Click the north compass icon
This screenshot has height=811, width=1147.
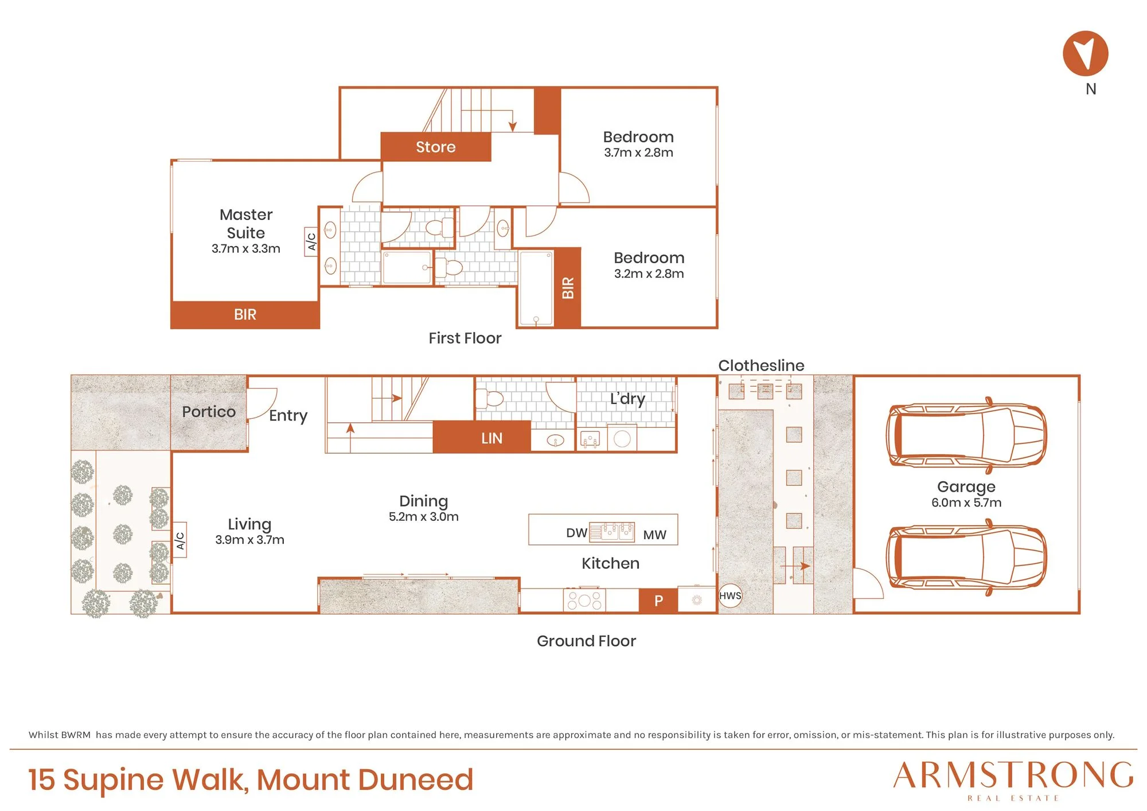pyautogui.click(x=1085, y=53)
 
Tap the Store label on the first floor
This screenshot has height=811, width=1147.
pyautogui.click(x=436, y=147)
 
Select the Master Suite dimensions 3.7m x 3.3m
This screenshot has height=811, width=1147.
pyautogui.click(x=246, y=248)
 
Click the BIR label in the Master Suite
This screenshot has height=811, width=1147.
pyautogui.click(x=245, y=314)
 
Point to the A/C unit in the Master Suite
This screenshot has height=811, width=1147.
pyautogui.click(x=311, y=241)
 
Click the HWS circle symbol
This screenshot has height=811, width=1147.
pyautogui.click(x=730, y=596)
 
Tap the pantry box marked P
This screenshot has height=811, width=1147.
pyautogui.click(x=658, y=601)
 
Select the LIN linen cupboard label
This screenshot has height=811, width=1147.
pyautogui.click(x=491, y=438)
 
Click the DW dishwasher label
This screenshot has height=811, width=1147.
pyautogui.click(x=576, y=533)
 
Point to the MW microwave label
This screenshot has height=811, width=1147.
pyautogui.click(x=654, y=535)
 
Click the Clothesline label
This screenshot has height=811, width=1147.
pyautogui.click(x=761, y=365)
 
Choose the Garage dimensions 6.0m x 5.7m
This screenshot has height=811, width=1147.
pyautogui.click(x=966, y=502)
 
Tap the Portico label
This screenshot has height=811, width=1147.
pyautogui.click(x=209, y=412)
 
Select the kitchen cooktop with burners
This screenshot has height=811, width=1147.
pyautogui.click(x=584, y=600)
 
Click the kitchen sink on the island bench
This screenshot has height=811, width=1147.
pyautogui.click(x=612, y=532)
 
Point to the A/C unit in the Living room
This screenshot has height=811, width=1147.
pyautogui.click(x=180, y=540)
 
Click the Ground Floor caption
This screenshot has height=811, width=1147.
pyautogui.click(x=586, y=641)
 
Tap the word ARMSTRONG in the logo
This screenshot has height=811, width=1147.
pyautogui.click(x=1013, y=775)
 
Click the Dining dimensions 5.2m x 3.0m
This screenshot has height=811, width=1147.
pyautogui.click(x=424, y=516)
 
